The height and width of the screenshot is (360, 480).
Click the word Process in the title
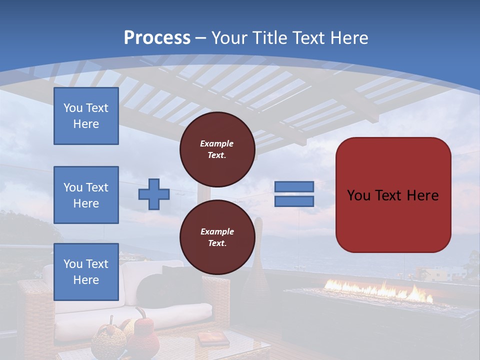157,38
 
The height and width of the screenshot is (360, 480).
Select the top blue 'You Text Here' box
86,116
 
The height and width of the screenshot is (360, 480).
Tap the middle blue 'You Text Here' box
86,195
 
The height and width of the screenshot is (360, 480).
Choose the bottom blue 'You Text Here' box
86,271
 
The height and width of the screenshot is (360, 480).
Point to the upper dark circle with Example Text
217,149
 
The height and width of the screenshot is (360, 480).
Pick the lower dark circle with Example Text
217,237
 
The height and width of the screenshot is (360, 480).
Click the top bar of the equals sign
294,186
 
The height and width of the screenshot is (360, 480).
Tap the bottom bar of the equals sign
294,201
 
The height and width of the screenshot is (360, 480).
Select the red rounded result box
393,195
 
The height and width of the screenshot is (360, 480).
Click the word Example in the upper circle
217,143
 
